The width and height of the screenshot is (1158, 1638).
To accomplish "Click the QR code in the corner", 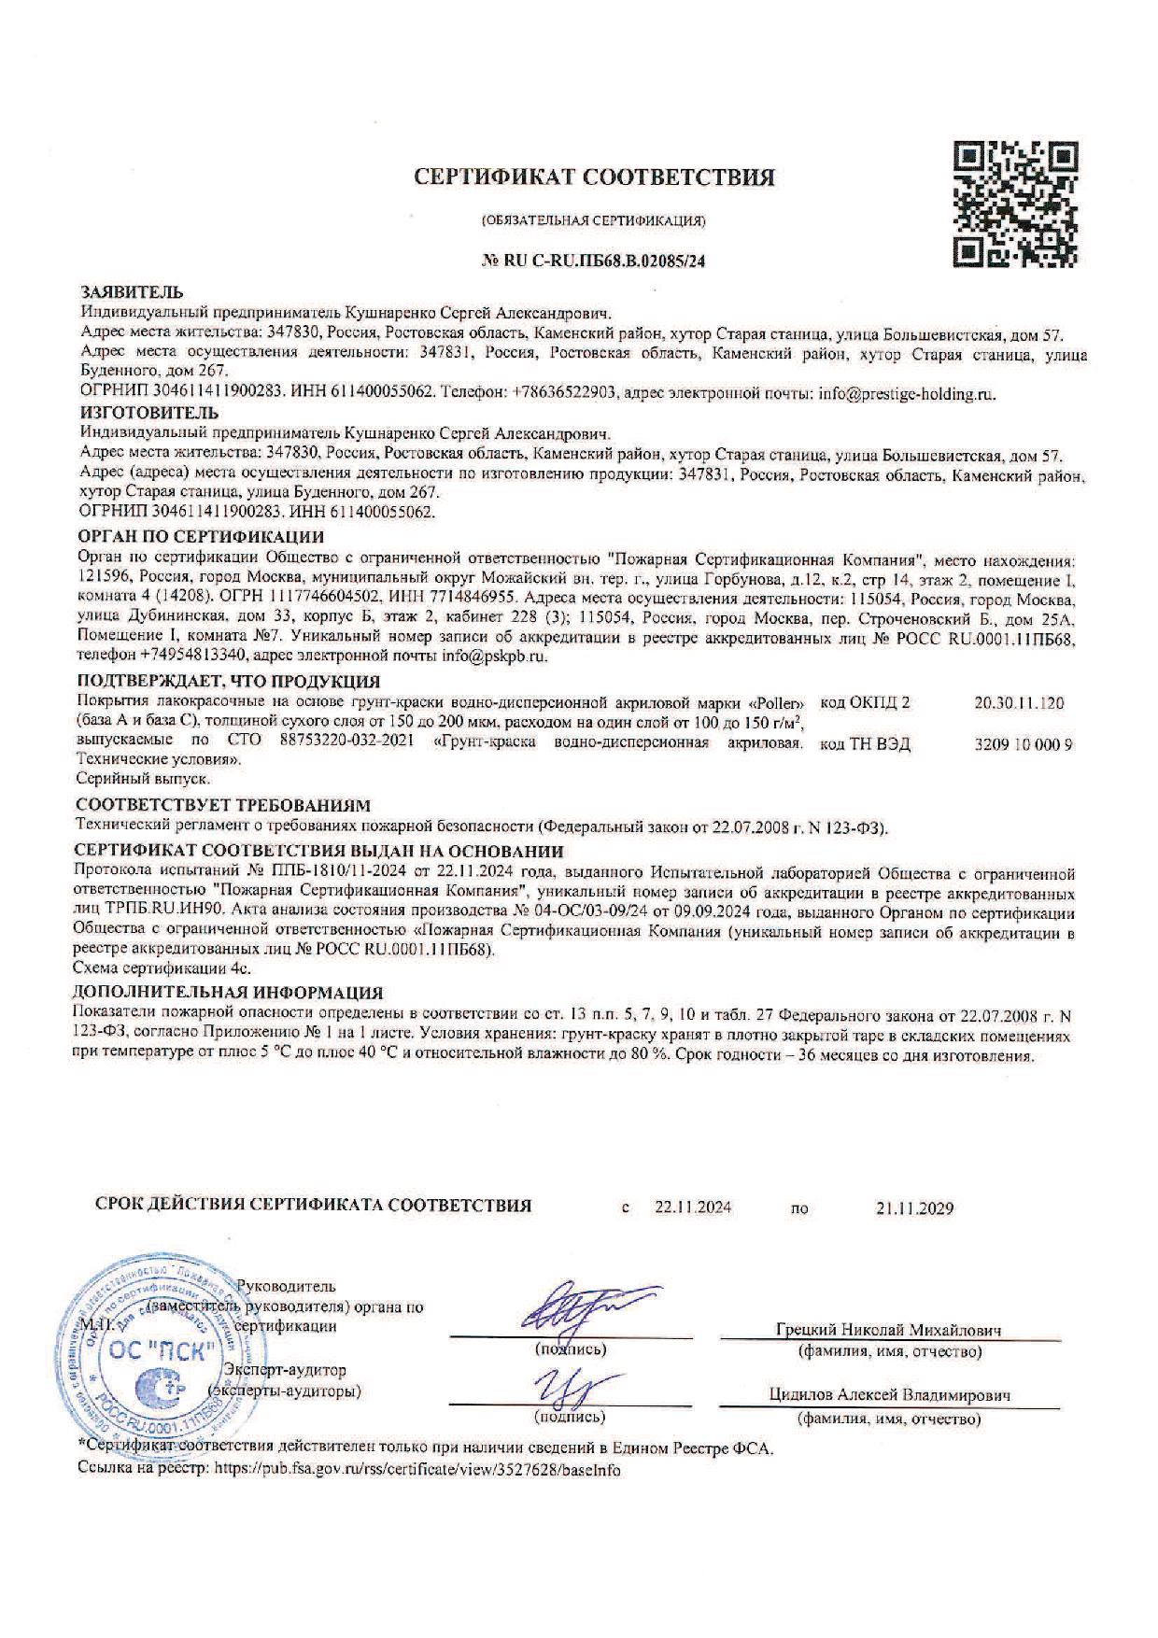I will (x=1018, y=201).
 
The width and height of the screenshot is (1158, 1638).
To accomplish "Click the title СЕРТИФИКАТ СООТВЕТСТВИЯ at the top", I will (x=595, y=177).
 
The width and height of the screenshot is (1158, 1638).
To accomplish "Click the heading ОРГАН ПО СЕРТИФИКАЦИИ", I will (x=200, y=537).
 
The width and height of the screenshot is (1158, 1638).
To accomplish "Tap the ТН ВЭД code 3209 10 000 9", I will (x=1021, y=744).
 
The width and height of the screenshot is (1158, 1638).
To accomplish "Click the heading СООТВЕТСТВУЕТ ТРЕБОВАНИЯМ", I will (x=222, y=805).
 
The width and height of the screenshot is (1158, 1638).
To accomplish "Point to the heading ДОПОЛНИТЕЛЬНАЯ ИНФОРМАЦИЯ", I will (x=229, y=993).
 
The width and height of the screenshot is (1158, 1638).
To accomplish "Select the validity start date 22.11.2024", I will (x=693, y=1207).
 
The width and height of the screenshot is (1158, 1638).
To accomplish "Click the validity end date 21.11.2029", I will (x=914, y=1207).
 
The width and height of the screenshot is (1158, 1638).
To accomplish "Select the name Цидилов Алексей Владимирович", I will (x=890, y=1395).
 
